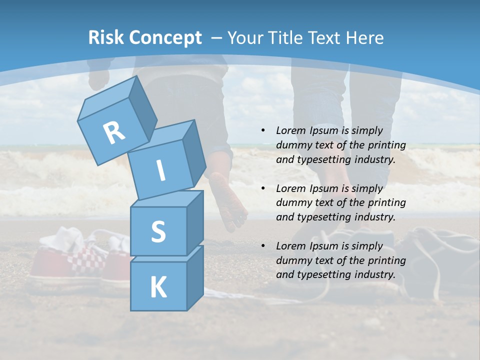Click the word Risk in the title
click(106, 38)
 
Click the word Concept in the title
click(165, 38)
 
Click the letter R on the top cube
click(114, 133)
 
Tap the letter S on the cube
click(158, 232)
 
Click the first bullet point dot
click(263, 130)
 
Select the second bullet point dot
click(263, 188)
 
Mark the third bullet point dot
click(263, 246)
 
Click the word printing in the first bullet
click(387, 145)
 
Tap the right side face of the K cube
click(195, 277)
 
